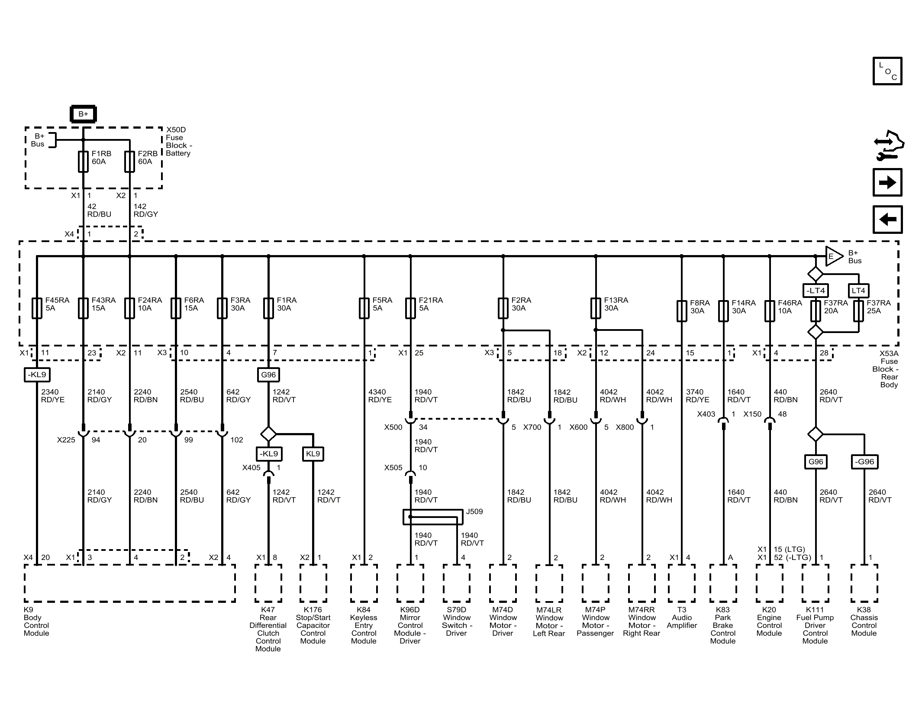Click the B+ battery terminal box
pos(83,114)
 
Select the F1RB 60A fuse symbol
pos(83,162)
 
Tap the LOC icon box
pos(887,71)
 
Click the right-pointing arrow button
pos(887,182)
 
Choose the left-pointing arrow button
pos(887,220)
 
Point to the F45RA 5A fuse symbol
pos(37,308)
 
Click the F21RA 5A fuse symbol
pos(410,308)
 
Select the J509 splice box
pos(432,517)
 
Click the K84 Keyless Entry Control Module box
pos(364,583)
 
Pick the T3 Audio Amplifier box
pos(682,583)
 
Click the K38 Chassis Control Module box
pos(864,583)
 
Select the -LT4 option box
pos(816,291)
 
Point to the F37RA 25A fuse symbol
pos(858,311)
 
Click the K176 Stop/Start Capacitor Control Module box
pos(313,583)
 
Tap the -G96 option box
pos(864,462)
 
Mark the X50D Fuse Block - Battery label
pos(179,142)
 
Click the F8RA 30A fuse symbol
pos(682,311)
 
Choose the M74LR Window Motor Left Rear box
pos(549,583)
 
